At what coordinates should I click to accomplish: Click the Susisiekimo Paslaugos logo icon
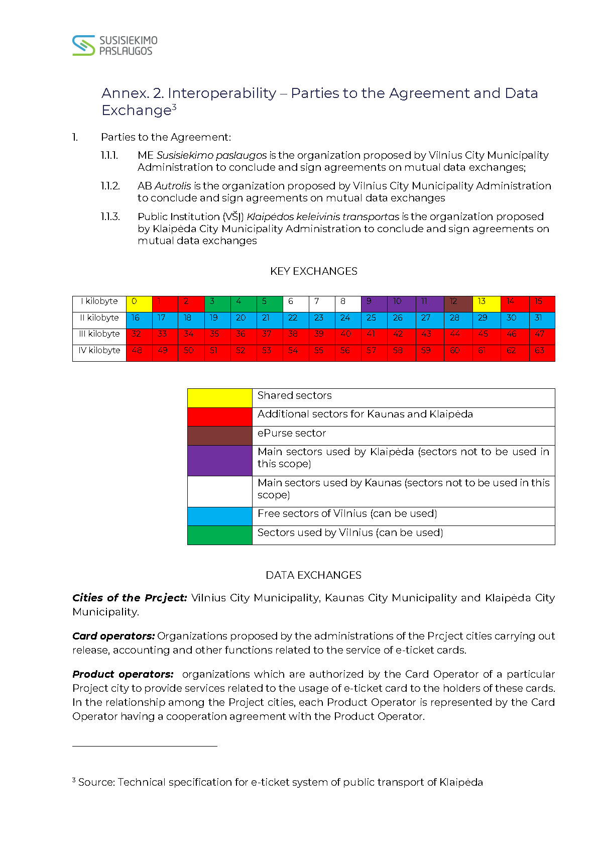tap(83, 45)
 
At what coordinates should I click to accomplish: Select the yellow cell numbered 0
tap(139, 303)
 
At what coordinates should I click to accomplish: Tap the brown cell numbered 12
tap(458, 303)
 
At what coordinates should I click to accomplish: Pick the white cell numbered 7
tap(322, 303)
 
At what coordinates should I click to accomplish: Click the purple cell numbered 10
tap(401, 303)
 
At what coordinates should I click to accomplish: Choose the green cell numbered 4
tap(244, 303)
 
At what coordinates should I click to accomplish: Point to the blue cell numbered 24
tap(347, 320)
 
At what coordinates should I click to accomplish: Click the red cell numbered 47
tap(542, 336)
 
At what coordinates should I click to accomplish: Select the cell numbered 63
tap(542, 353)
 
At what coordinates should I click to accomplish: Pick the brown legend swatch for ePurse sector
tap(219, 436)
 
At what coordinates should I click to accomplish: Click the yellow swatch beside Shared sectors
tap(219, 398)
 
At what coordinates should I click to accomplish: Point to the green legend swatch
tap(219, 535)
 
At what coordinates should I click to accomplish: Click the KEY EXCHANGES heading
tap(313, 271)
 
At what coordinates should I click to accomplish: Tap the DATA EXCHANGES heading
tap(313, 575)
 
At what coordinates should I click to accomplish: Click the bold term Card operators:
tap(113, 636)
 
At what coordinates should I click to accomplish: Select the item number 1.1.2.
tap(110, 186)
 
